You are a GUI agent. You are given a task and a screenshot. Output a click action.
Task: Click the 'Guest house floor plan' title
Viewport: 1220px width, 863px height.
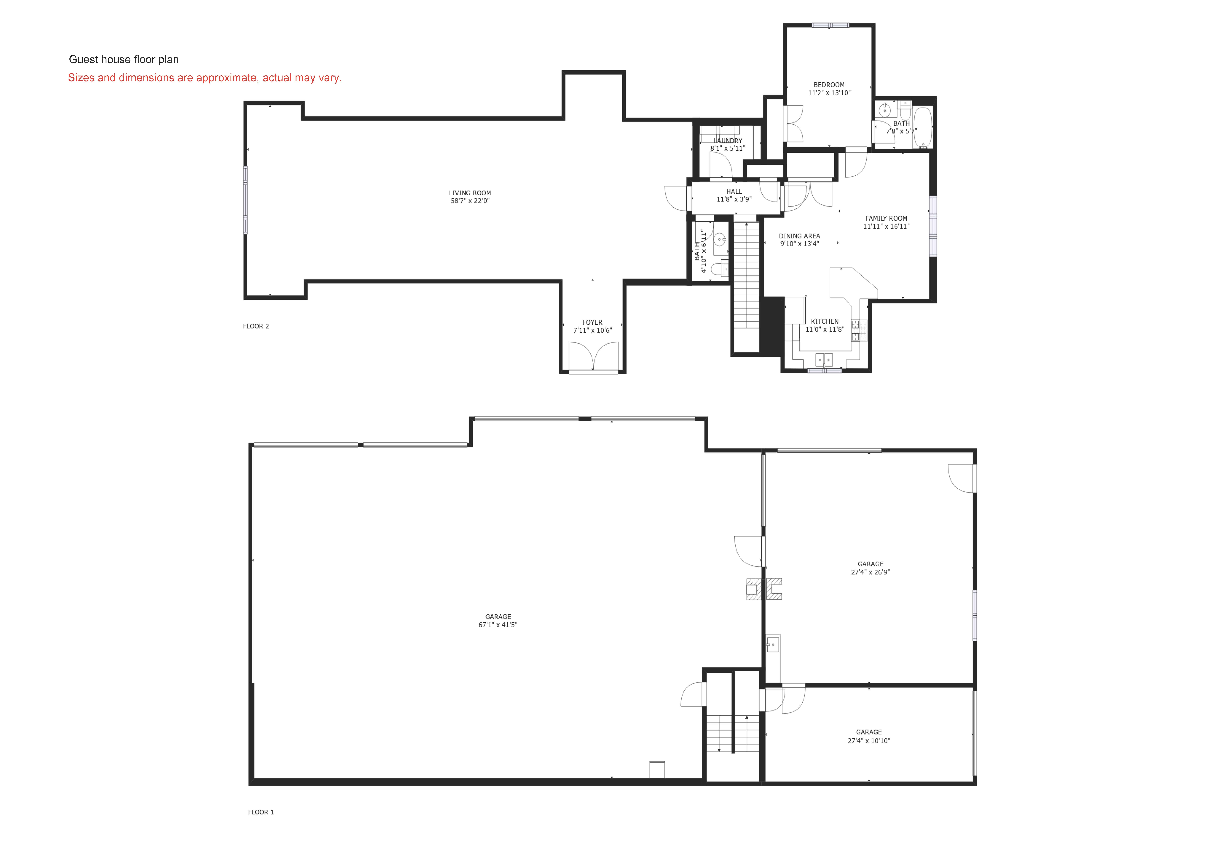[x=124, y=59]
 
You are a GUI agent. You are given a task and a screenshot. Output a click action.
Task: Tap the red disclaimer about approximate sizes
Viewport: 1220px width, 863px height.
[x=205, y=78]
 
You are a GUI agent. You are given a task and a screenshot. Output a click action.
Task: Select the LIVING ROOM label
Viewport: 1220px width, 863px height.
[x=470, y=193]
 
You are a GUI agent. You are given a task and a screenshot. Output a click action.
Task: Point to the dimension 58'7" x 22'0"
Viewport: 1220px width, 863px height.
[x=470, y=201]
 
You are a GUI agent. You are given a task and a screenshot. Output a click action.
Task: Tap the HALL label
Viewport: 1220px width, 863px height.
[x=734, y=191]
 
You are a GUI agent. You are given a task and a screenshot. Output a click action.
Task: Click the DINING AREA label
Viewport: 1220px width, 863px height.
[x=799, y=236]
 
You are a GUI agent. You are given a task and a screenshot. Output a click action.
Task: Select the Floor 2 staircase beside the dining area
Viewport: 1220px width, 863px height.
[x=747, y=282]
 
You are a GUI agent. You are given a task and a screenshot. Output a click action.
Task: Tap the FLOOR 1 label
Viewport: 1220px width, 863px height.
[x=261, y=812]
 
